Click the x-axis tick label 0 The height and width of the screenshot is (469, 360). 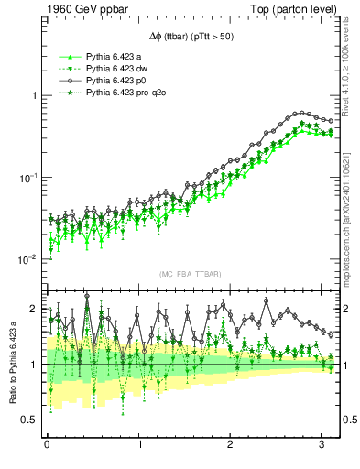pyautogui.click(x=47, y=446)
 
